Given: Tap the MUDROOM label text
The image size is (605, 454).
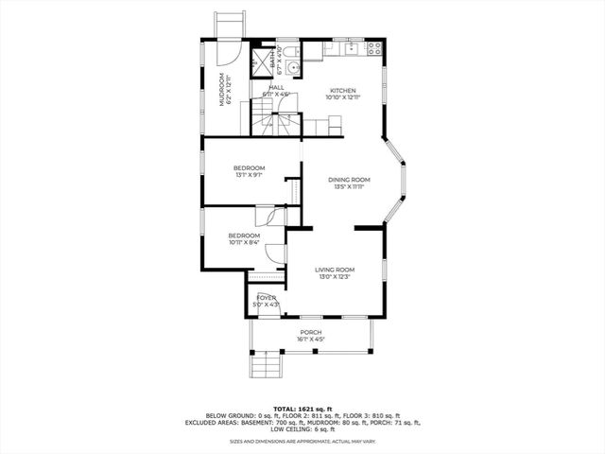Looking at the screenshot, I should pos(224,90).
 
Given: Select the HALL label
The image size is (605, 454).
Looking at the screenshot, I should pos(276,87).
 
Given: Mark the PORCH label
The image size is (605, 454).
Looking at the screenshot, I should pos(311,332).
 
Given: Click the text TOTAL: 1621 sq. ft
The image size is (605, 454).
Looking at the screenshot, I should pos(302,408).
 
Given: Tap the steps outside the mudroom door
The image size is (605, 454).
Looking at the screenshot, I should pos(228,23).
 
